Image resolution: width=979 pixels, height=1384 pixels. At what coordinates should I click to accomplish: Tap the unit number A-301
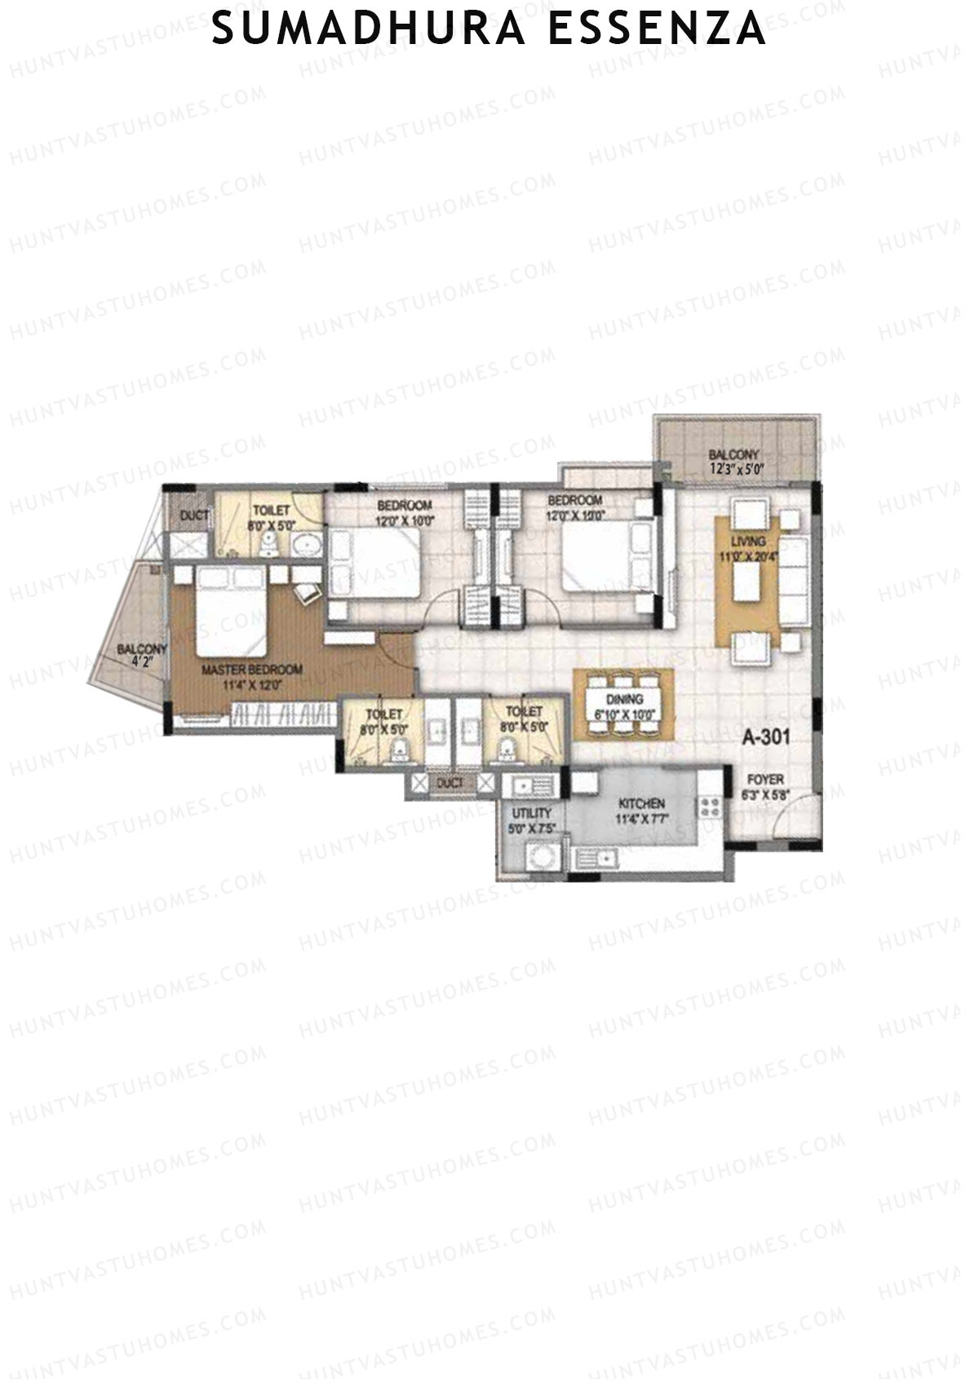[765, 737]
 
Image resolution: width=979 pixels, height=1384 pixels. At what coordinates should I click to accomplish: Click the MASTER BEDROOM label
[251, 670]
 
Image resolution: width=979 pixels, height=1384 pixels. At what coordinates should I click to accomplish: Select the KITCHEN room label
[641, 804]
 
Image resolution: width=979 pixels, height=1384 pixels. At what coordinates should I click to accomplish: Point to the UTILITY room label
[531, 813]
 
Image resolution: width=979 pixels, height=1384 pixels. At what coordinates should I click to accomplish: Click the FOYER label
[764, 780]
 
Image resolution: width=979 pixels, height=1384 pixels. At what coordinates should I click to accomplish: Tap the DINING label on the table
[624, 699]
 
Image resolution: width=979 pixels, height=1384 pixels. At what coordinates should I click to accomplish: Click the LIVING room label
[748, 542]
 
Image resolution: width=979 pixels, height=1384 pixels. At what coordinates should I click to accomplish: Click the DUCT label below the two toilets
[450, 783]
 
